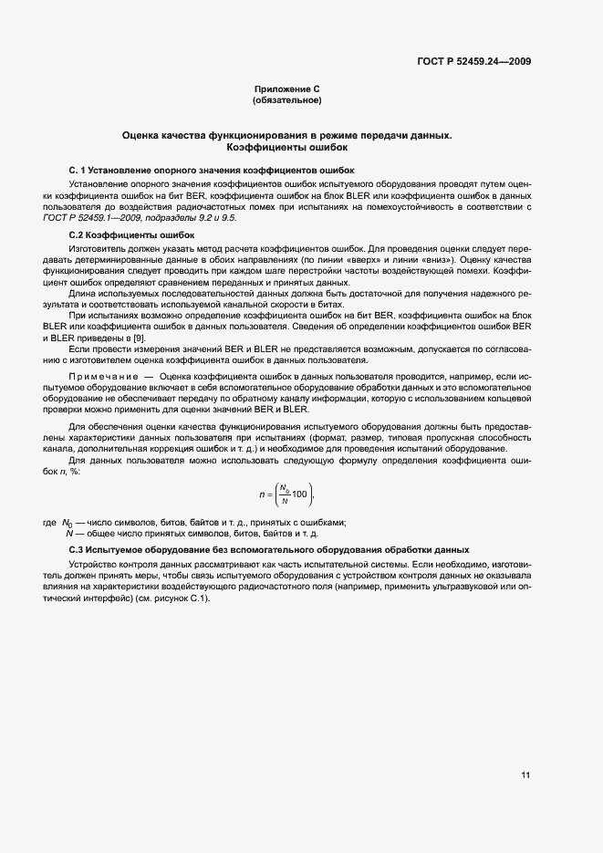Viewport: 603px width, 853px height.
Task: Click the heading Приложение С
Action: click(287, 89)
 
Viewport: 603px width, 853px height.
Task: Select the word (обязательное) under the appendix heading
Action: click(287, 99)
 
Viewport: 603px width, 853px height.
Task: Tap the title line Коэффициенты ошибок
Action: click(287, 147)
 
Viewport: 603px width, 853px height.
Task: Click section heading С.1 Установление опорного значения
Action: click(213, 171)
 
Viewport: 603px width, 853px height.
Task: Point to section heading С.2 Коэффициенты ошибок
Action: click(126, 235)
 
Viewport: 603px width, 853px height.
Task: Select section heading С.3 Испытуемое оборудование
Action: click(269, 550)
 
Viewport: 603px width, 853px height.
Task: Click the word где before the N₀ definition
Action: click(50, 522)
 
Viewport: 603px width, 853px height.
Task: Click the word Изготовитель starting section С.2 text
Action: click(96, 248)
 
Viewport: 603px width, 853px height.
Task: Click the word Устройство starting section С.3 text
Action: click(92, 565)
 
